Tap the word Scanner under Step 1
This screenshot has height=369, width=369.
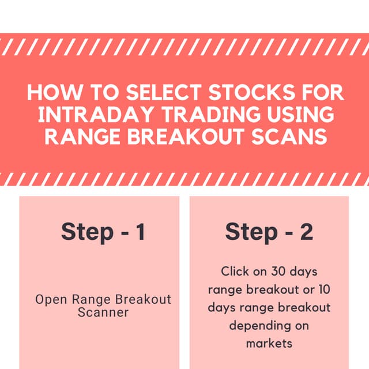[x=103, y=313]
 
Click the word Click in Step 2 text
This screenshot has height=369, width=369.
[x=235, y=270]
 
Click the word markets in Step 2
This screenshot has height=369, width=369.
[x=269, y=344]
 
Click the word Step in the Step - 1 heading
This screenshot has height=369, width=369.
[x=87, y=232]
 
